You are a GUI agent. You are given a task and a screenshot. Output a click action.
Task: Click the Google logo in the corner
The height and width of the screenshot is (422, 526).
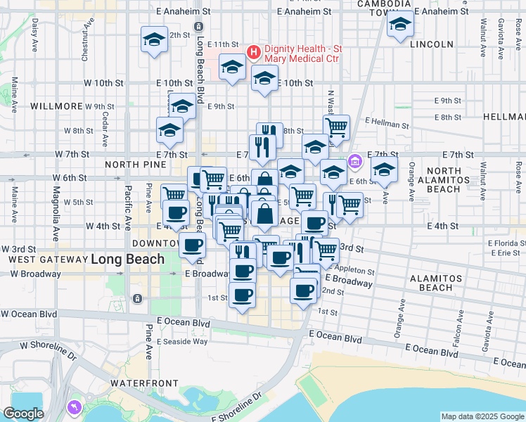23,414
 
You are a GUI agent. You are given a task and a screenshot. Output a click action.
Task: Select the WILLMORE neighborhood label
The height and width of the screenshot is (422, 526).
57,106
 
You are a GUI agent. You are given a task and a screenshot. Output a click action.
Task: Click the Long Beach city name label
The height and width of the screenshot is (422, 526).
127,259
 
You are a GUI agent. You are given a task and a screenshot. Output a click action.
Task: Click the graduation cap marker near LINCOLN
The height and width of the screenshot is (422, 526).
400,25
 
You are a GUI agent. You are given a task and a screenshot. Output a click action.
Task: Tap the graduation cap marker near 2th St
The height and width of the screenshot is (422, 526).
153,39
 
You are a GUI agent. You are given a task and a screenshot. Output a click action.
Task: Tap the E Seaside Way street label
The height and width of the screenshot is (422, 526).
182,341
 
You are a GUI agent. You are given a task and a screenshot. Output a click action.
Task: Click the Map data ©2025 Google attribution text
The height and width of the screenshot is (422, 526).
482,416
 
